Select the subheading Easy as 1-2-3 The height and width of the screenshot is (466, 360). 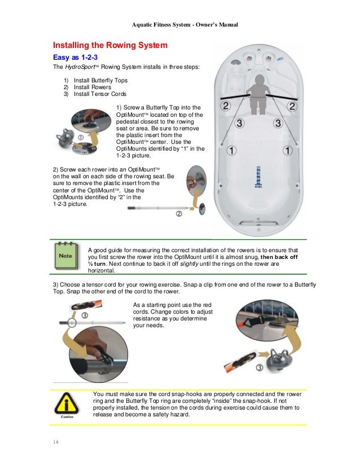pos(78,57)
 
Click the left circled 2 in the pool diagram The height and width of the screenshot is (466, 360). pos(225,105)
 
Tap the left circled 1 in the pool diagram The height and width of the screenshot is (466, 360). pos(232,150)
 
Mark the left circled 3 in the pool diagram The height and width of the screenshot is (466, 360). pos(239,122)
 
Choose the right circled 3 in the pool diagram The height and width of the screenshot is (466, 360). pos(278,123)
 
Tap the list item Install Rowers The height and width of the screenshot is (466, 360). pos(92,87)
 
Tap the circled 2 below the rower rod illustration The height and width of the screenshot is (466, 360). pos(179,214)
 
